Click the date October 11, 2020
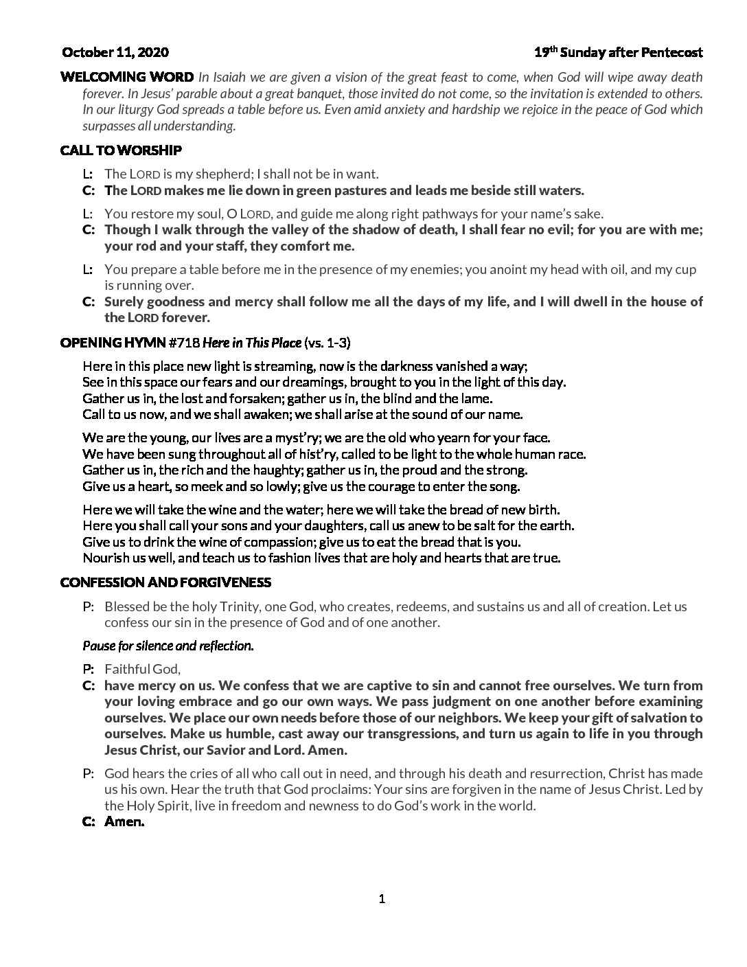click(x=115, y=52)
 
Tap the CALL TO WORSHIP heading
click(x=121, y=150)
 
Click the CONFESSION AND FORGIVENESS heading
click(x=166, y=582)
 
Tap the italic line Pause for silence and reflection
click(x=168, y=646)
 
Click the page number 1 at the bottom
click(x=382, y=899)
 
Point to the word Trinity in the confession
click(x=238, y=606)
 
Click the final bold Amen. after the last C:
click(x=124, y=821)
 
